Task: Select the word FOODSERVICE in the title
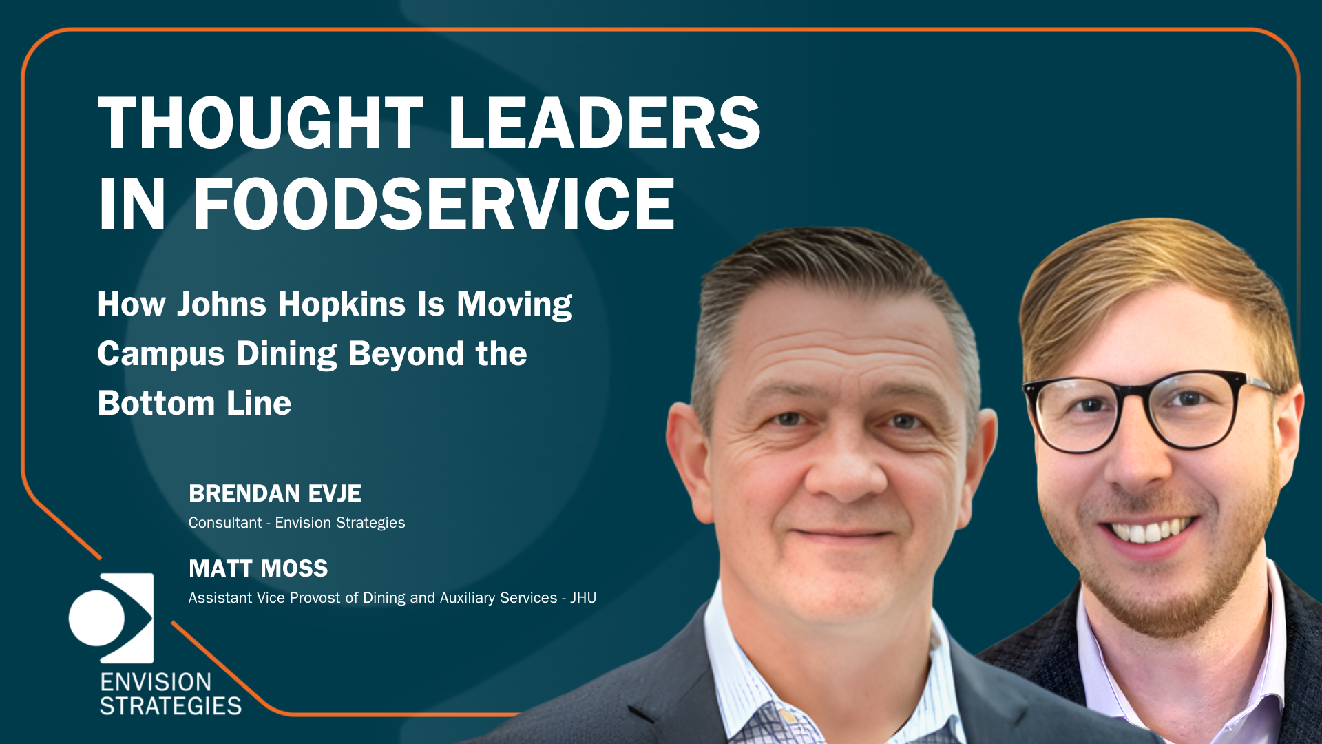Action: coord(433,204)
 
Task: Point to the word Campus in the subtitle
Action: coord(161,354)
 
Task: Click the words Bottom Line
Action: coord(195,403)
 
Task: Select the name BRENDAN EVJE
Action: coord(275,493)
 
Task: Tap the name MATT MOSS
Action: coord(258,568)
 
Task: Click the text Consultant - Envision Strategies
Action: coord(297,523)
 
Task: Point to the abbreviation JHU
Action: coord(583,598)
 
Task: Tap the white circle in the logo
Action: coord(96,617)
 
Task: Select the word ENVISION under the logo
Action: coord(156,682)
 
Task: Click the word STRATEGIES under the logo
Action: coord(171,706)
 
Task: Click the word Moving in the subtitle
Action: coord(514,304)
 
